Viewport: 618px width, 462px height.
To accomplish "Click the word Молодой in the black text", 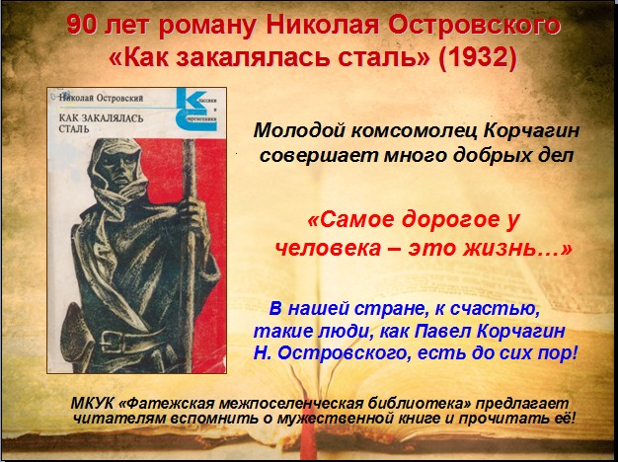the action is pyautogui.click(x=298, y=130).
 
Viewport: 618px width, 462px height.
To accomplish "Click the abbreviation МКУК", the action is pyautogui.click(x=92, y=404).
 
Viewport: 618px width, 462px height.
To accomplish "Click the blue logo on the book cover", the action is pyautogui.click(x=196, y=110).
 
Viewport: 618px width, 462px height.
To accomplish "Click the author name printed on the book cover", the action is pyautogui.click(x=101, y=98).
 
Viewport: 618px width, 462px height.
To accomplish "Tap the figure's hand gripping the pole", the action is pyautogui.click(x=191, y=216).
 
